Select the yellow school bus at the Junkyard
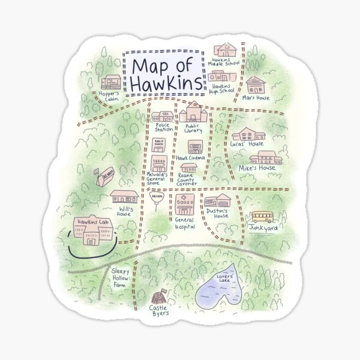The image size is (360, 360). (262, 217)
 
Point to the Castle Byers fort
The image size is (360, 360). (160, 297)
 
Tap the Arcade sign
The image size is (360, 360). (157, 197)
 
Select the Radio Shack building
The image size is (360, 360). (159, 145)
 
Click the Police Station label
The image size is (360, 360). (163, 128)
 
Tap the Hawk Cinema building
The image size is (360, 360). (195, 147)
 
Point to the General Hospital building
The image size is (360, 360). (185, 205)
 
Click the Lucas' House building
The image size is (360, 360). (248, 134)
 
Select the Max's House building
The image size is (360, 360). (256, 85)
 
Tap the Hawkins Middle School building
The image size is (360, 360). (226, 49)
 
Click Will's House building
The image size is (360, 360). (124, 196)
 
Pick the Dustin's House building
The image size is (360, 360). (217, 200)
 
